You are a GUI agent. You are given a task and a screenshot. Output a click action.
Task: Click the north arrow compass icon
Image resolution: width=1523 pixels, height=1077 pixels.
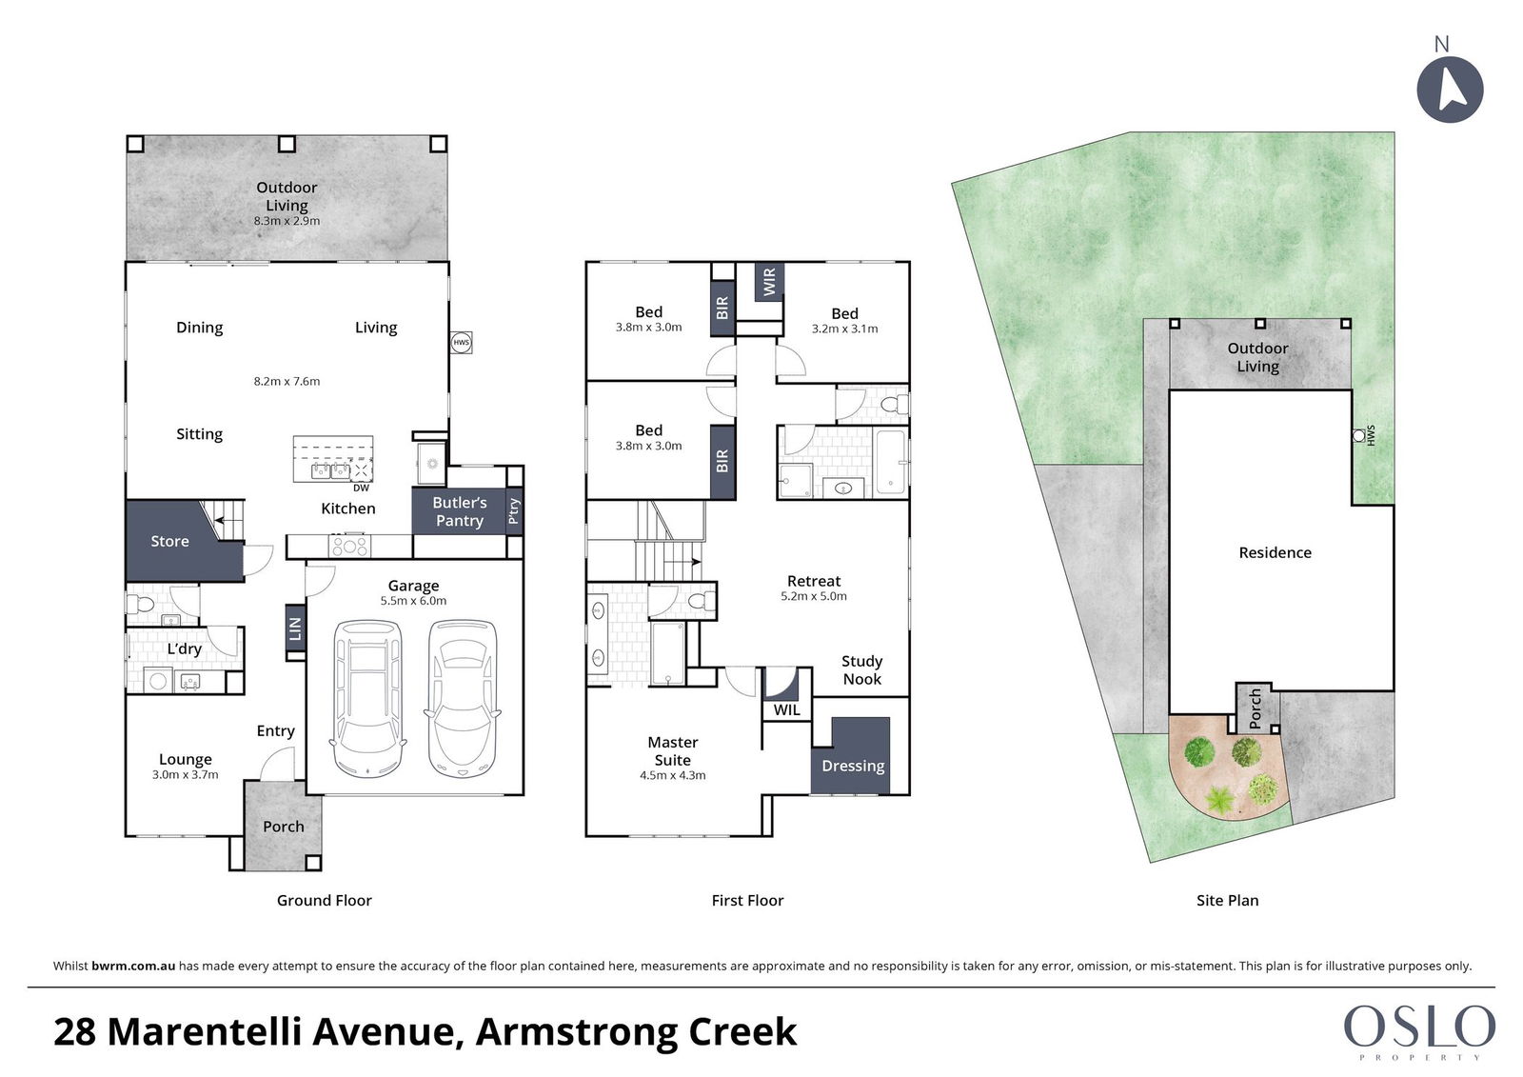pyautogui.click(x=1450, y=90)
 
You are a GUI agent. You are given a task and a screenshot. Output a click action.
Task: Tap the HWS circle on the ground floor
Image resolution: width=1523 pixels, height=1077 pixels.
pyautogui.click(x=461, y=342)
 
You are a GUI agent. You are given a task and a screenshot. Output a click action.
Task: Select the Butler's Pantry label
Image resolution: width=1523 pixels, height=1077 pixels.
pyautogui.click(x=460, y=511)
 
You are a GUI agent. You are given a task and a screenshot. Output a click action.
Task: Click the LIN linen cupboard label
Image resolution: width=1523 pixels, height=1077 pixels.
pyautogui.click(x=295, y=628)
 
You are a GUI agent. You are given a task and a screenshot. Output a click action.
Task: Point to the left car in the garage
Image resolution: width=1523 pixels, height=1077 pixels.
pyautogui.click(x=367, y=698)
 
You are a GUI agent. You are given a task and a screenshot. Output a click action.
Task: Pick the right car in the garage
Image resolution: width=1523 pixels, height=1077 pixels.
pyautogui.click(x=463, y=698)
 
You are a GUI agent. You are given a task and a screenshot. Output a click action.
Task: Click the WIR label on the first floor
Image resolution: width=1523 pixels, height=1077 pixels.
pyautogui.click(x=769, y=282)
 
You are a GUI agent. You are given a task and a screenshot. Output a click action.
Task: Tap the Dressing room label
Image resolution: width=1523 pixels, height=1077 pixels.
pyautogui.click(x=853, y=766)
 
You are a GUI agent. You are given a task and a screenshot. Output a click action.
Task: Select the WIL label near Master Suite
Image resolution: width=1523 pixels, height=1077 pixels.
pyautogui.click(x=786, y=709)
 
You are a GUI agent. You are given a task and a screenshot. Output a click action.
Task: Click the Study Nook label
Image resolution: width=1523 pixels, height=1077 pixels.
pyautogui.click(x=862, y=670)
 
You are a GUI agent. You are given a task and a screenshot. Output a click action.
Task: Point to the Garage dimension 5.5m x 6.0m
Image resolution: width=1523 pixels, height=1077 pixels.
pyautogui.click(x=413, y=601)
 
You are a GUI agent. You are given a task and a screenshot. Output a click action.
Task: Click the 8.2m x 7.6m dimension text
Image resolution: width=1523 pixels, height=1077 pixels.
pyautogui.click(x=287, y=381)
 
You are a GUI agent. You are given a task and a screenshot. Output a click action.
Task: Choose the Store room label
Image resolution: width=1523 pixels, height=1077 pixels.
pyautogui.click(x=170, y=541)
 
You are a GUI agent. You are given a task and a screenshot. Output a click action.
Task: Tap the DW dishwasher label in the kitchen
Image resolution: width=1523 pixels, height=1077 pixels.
pyautogui.click(x=361, y=488)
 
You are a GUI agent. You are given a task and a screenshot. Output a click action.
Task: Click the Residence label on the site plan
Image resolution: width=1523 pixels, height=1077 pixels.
pyautogui.click(x=1275, y=552)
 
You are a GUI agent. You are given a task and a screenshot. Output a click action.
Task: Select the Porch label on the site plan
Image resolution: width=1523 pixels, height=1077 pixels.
pyautogui.click(x=1256, y=708)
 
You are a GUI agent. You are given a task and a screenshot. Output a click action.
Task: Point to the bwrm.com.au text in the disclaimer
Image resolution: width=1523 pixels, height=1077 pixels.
pyautogui.click(x=133, y=966)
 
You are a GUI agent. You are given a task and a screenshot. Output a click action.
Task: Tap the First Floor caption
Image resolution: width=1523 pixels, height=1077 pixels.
pyautogui.click(x=747, y=900)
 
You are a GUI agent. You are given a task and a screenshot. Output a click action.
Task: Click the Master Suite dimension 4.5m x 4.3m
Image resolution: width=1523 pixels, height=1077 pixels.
pyautogui.click(x=672, y=775)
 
